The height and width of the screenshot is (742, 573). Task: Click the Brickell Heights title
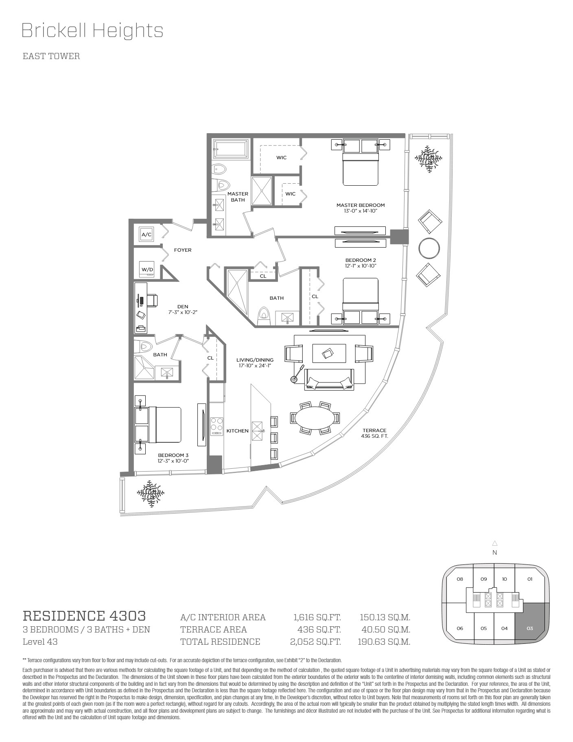(x=92, y=31)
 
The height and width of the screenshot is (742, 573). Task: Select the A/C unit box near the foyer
(x=146, y=235)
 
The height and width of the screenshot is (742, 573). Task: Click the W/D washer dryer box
(x=147, y=269)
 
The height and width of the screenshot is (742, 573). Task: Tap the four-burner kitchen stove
(x=217, y=426)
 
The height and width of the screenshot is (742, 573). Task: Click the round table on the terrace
(x=429, y=248)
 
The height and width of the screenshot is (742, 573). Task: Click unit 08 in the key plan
(x=460, y=579)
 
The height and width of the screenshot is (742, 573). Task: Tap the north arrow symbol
(x=495, y=543)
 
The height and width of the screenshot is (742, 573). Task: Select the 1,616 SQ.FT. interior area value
(x=317, y=617)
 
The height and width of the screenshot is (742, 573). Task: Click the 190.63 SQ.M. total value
(x=386, y=642)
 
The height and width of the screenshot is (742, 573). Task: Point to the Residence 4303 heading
(x=84, y=615)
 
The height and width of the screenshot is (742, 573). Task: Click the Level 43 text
(x=40, y=642)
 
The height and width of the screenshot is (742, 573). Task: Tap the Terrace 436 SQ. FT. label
(x=374, y=433)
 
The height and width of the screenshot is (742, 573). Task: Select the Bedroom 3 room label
(x=173, y=458)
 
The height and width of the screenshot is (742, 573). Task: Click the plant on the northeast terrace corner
(x=429, y=159)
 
